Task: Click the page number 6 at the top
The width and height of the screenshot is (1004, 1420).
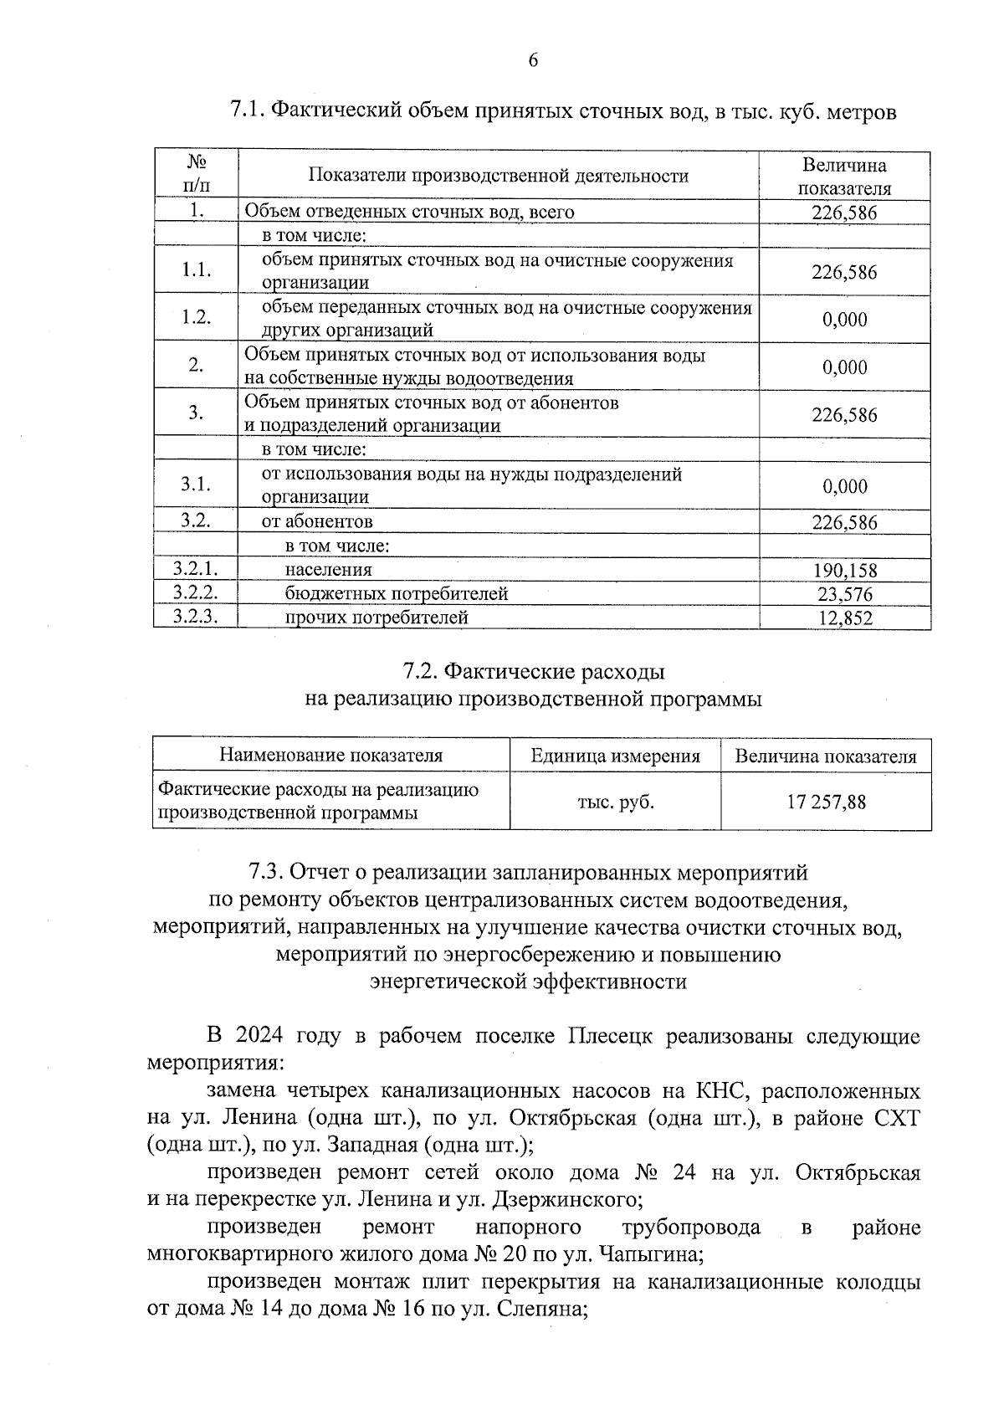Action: click(x=533, y=60)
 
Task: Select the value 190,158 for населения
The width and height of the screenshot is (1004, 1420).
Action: click(x=844, y=571)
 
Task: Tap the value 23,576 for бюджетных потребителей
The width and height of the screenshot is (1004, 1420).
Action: click(x=844, y=594)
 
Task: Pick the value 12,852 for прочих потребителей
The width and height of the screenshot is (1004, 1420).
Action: click(x=844, y=618)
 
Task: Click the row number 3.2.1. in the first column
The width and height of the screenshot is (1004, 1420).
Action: click(x=195, y=569)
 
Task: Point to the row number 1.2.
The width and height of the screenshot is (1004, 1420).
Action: click(x=196, y=318)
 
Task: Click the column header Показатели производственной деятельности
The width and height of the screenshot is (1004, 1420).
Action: click(x=499, y=176)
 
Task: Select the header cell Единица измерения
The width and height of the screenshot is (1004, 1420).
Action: click(x=615, y=756)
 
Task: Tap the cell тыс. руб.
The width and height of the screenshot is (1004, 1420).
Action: click(x=616, y=802)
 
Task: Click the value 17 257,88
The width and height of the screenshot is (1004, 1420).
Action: click(x=826, y=802)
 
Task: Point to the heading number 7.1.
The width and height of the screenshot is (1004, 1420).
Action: click(x=248, y=111)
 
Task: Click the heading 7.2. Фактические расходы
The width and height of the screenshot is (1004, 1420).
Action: click(x=534, y=671)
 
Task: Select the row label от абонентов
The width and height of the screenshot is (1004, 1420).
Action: click(x=317, y=521)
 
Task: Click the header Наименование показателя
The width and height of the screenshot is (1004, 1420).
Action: click(x=330, y=756)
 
